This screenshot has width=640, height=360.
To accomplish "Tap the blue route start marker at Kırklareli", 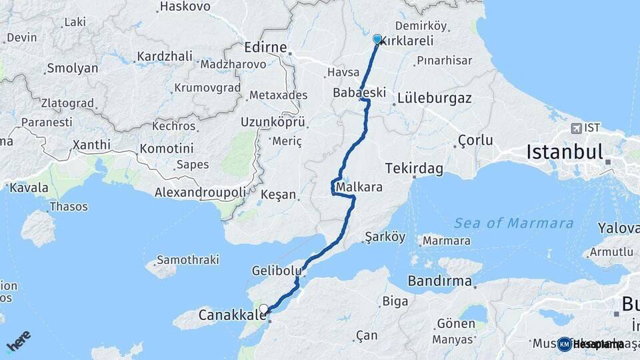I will pyautogui.click(x=377, y=39).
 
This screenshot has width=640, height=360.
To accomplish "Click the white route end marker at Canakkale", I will pyautogui.click(x=265, y=309).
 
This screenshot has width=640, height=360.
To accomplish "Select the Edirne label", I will pyautogui.click(x=265, y=48).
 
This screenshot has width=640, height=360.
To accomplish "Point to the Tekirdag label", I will pyautogui.click(x=415, y=169).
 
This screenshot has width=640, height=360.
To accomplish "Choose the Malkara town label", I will pyautogui.click(x=360, y=187).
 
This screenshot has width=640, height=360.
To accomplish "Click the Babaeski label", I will pyautogui.click(x=359, y=93).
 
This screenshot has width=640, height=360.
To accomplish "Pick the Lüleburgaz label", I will pyautogui.click(x=434, y=98).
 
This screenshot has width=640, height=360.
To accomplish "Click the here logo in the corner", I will pyautogui.click(x=19, y=341).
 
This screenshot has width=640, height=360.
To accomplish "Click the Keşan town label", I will pyautogui.click(x=278, y=195).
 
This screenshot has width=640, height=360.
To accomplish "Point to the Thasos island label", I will pyautogui.click(x=69, y=207).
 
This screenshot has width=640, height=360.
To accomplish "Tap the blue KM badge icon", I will pyautogui.click(x=565, y=344).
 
